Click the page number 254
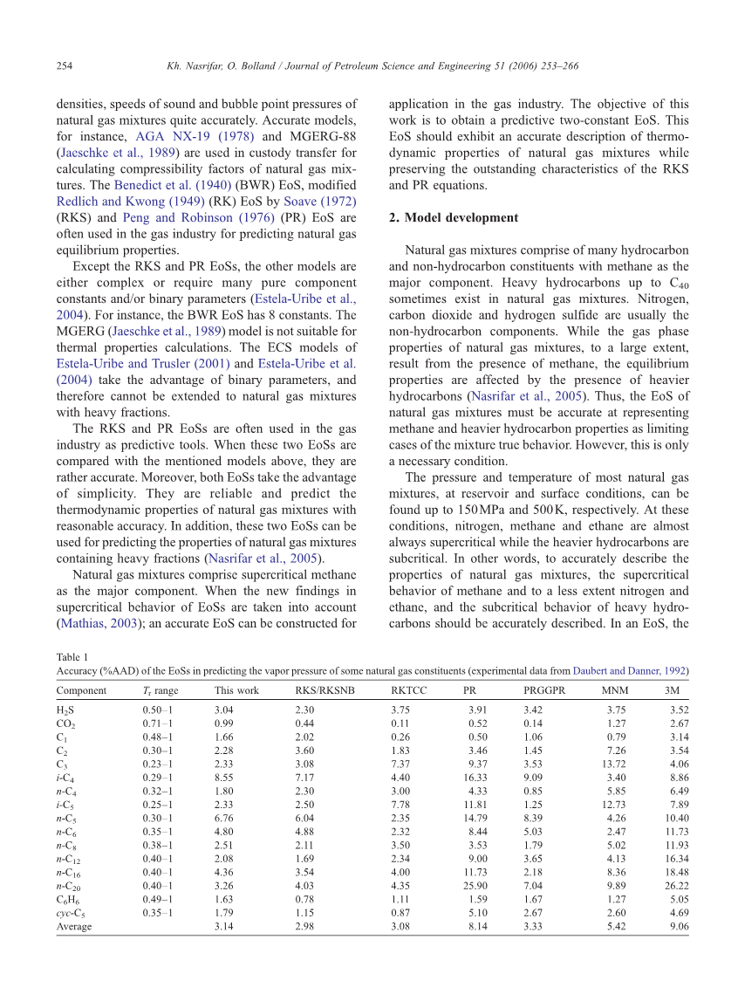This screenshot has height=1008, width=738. [64, 65]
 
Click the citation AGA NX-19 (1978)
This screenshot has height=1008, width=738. [185, 136]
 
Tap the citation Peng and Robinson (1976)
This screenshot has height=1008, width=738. [184, 217]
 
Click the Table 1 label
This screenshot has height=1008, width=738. [72, 657]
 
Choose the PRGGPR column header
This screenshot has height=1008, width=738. [544, 690]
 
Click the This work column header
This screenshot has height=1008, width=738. [236, 690]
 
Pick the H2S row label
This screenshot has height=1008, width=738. [65, 710]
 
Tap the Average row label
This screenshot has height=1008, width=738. [74, 926]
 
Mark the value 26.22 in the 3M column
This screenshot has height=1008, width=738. [676, 884]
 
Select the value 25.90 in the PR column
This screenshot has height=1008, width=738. [473, 884]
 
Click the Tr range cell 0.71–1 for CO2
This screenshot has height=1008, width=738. [158, 724]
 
